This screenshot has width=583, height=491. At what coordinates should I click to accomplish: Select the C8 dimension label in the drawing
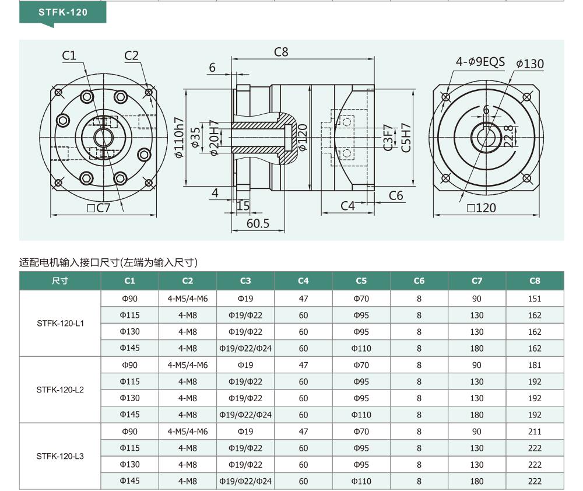281,52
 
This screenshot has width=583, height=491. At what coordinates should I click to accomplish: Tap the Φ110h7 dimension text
179,138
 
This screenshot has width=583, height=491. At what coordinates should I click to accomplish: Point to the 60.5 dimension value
258,223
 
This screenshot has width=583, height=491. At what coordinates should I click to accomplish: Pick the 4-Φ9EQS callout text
480,61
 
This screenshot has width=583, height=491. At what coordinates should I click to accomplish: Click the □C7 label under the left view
99,208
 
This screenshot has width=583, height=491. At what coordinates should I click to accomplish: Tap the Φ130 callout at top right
530,64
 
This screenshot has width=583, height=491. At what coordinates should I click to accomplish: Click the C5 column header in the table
361,281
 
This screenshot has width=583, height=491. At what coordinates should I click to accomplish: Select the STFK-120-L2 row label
60,390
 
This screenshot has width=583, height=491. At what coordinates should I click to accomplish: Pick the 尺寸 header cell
60,281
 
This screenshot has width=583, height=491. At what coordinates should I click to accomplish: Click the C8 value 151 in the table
535,299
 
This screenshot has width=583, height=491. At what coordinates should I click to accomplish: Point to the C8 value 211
535,432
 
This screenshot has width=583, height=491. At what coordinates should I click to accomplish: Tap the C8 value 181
535,365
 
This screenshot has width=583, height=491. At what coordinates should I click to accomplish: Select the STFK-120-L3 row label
60,456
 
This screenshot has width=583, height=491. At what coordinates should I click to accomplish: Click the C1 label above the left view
69,55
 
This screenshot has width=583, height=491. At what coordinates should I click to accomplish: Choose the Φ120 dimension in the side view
303,138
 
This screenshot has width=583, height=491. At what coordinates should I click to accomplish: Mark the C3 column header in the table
245,281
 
